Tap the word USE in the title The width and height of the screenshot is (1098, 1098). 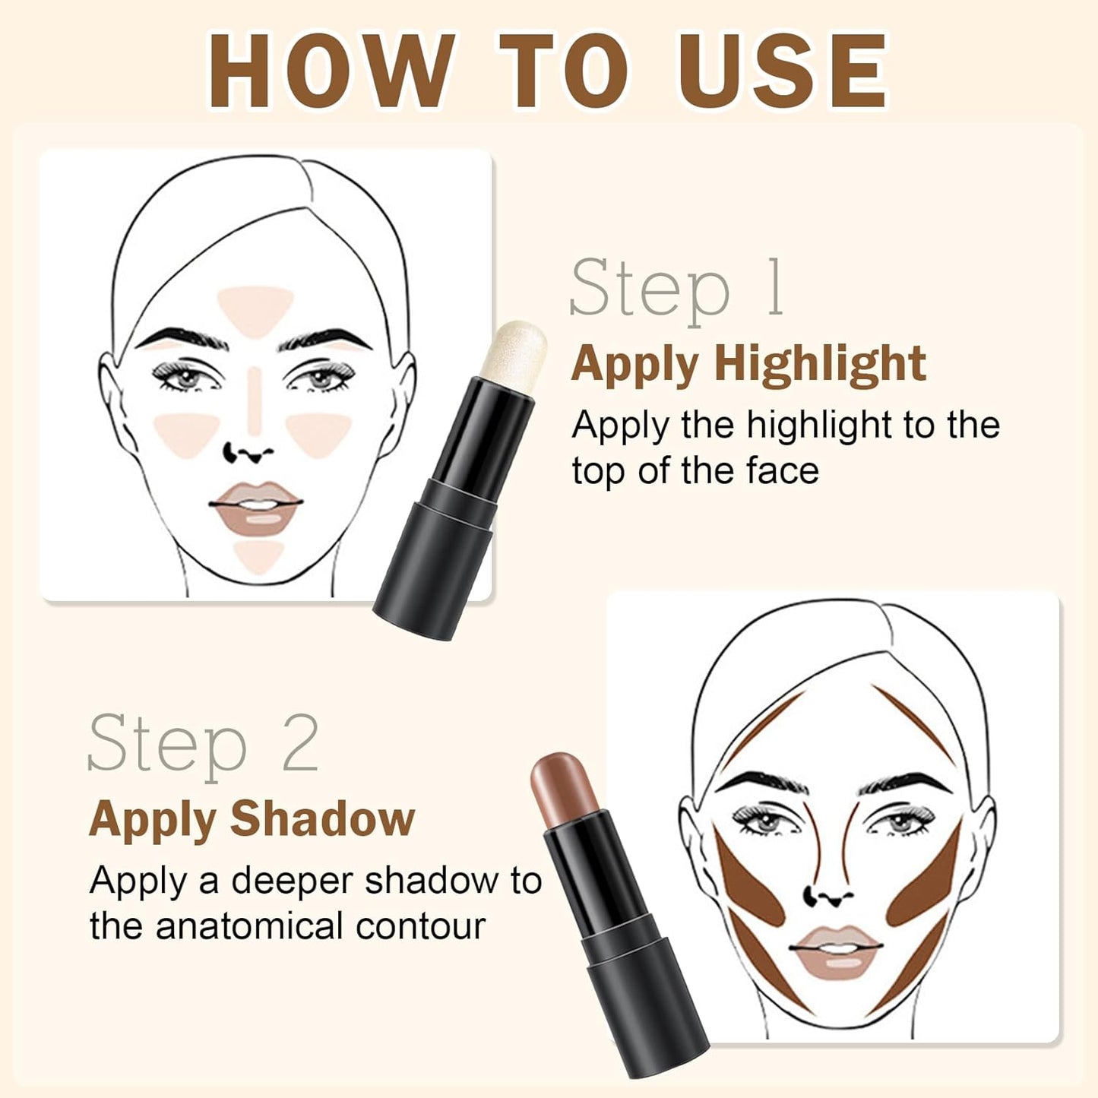point(783,72)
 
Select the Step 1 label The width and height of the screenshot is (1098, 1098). point(676,289)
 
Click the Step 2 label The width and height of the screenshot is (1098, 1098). point(203,743)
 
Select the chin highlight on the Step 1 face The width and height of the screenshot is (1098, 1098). point(258,555)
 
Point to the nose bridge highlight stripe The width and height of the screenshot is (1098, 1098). point(255,399)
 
